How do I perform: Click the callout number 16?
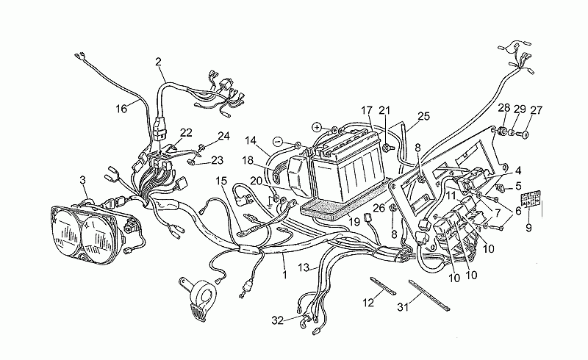point(121,109)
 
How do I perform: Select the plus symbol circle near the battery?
point(318,128)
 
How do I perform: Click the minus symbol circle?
point(278,142)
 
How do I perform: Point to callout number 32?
point(278,320)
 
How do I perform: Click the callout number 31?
point(403,307)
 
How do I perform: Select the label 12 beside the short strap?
point(368,302)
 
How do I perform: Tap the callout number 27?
point(537,110)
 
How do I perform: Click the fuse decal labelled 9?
point(531,199)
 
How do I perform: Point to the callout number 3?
point(83,180)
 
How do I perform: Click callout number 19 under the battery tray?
point(354,222)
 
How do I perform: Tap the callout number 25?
point(424,116)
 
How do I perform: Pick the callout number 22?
point(186,133)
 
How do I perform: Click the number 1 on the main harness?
point(284,275)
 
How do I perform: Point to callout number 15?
point(221,181)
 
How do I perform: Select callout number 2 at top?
point(158,62)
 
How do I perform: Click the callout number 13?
point(304,267)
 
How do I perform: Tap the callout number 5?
point(518,186)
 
